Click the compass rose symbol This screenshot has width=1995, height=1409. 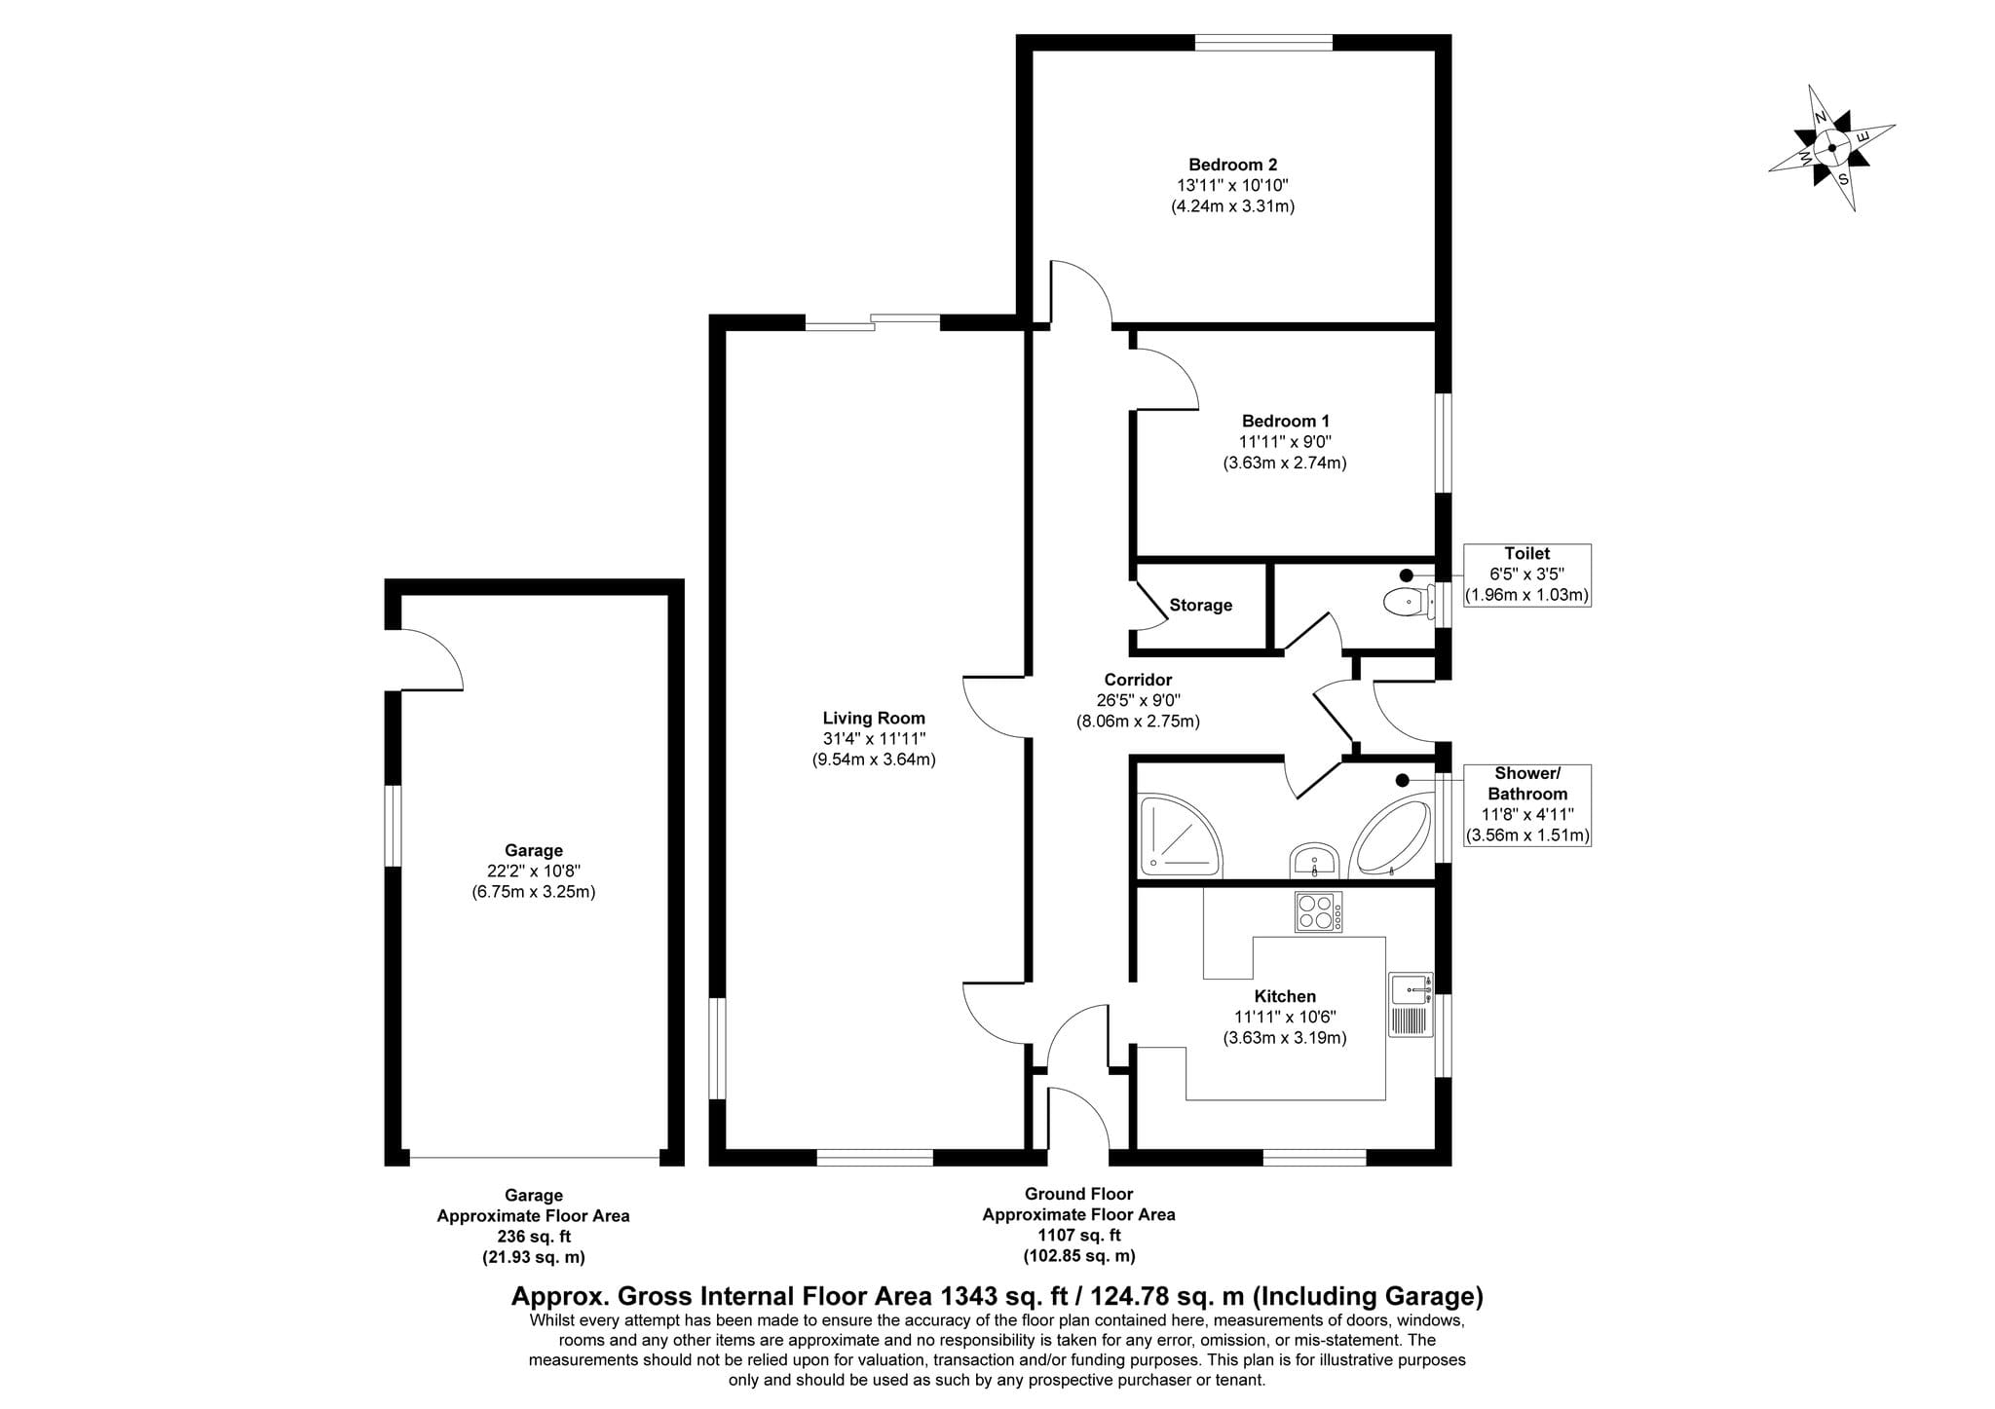1831,148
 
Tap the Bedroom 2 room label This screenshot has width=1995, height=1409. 1232,166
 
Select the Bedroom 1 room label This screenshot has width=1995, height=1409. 1285,422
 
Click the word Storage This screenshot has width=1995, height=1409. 1200,606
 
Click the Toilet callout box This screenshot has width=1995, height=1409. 1526,575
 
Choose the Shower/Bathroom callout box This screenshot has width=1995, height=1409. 1526,804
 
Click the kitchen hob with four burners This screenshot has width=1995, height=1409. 1318,912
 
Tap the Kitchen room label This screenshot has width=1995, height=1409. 1285,996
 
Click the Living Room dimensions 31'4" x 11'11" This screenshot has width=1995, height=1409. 874,739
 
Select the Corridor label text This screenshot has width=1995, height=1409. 1138,680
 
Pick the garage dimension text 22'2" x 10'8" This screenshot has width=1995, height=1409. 533,871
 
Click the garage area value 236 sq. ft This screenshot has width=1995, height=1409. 533,1237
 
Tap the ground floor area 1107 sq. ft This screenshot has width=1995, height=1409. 1078,1236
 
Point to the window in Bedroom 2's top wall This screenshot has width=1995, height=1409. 1263,42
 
